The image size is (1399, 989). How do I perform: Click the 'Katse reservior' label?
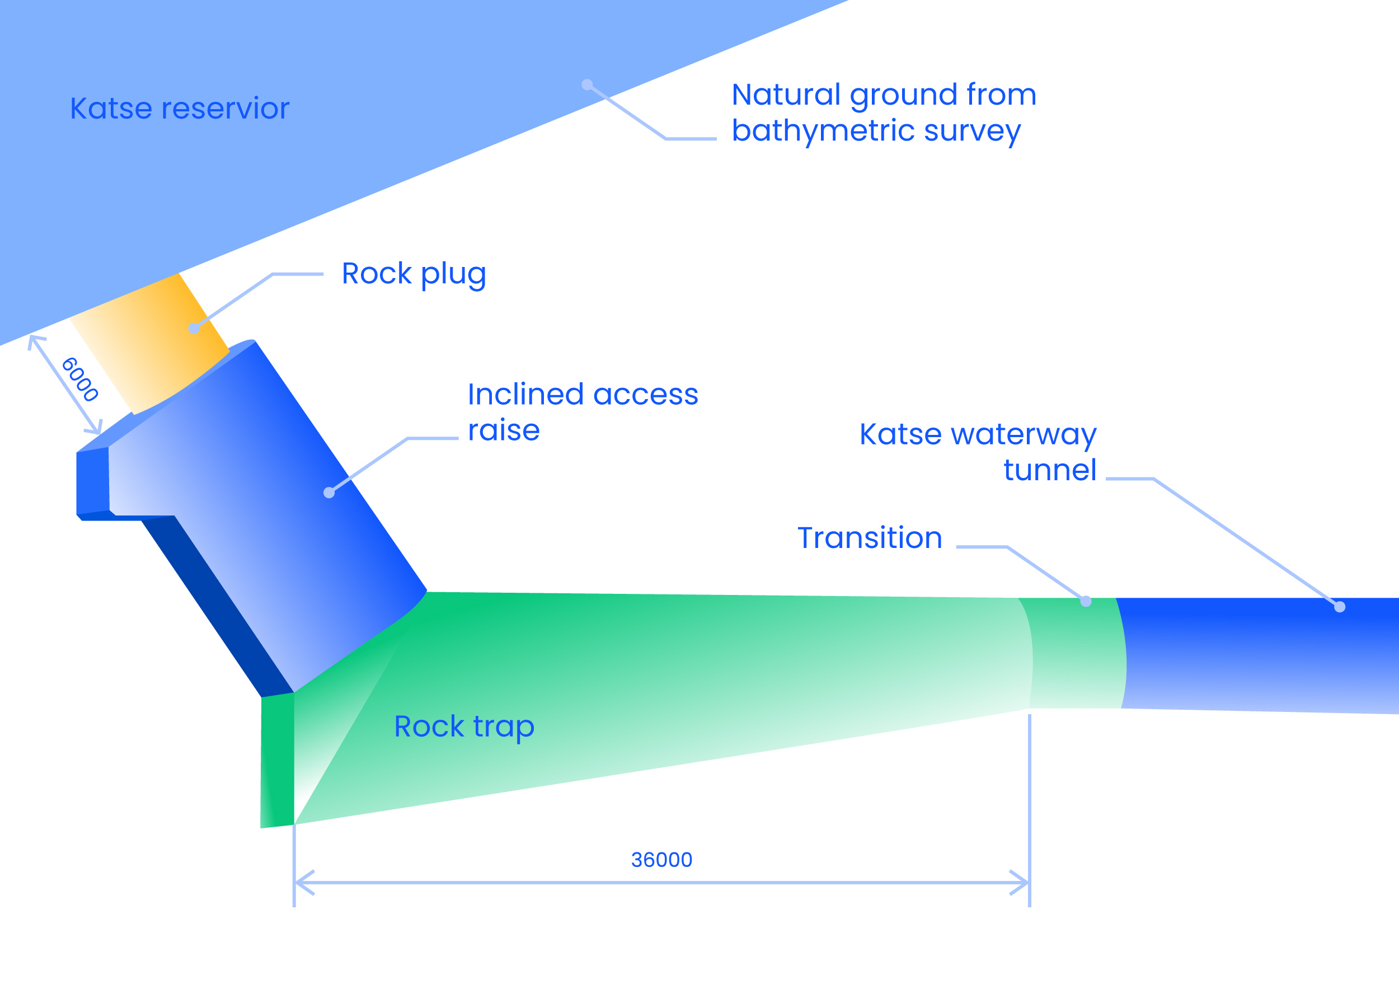pyautogui.click(x=179, y=109)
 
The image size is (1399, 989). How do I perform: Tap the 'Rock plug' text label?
pyautogui.click(x=414, y=274)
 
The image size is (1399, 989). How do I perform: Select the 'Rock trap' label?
pyautogui.click(x=464, y=726)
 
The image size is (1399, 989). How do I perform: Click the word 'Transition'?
pyautogui.click(x=870, y=538)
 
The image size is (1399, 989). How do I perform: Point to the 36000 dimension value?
pyautogui.click(x=661, y=860)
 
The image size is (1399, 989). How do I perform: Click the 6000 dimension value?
pyautogui.click(x=80, y=379)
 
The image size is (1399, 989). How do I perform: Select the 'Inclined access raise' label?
pyautogui.click(x=582, y=412)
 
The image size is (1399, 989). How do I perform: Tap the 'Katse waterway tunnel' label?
pyautogui.click(x=978, y=452)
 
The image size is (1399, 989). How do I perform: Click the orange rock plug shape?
pyautogui.click(x=152, y=348)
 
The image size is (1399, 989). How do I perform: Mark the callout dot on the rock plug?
pyautogui.click(x=194, y=329)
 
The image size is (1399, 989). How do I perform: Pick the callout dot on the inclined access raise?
pyautogui.click(x=329, y=493)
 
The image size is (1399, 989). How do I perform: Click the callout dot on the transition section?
pyautogui.click(x=1086, y=602)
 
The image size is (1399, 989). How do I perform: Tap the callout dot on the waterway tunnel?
pyautogui.click(x=1339, y=606)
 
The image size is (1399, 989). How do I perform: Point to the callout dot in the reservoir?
pyautogui.click(x=587, y=85)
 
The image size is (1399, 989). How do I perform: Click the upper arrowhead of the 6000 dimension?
pyautogui.click(x=34, y=339)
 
